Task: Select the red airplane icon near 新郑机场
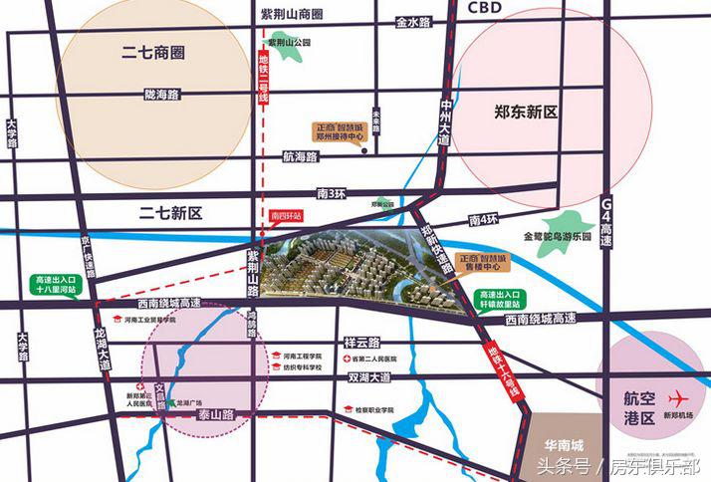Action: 681,395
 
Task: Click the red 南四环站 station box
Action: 285,214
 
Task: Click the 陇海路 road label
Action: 160,95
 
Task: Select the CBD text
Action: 483,8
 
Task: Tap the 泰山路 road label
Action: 214,411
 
